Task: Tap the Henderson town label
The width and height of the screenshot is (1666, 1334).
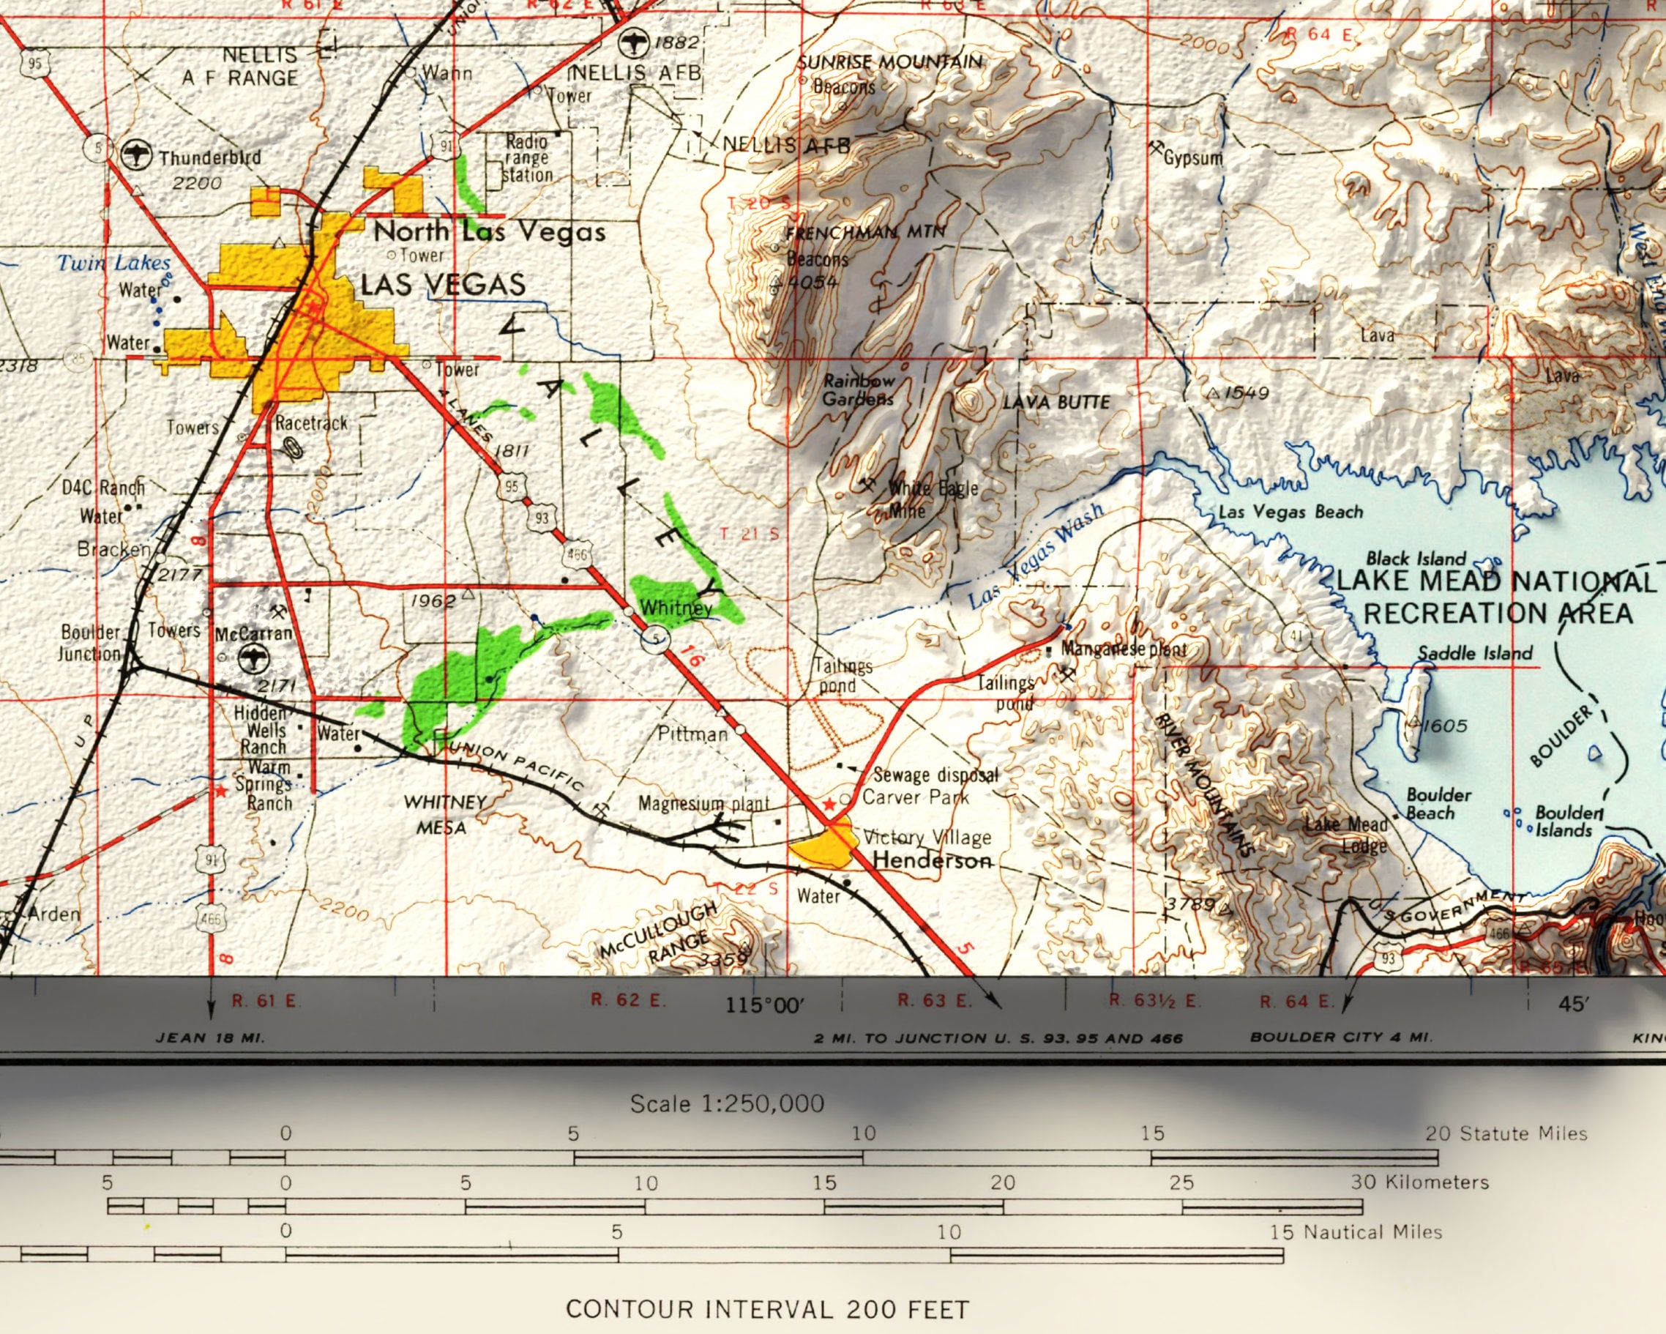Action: pos(931,860)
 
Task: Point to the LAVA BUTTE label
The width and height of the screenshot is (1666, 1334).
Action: pos(1056,402)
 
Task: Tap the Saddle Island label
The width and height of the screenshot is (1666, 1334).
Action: pos(1474,653)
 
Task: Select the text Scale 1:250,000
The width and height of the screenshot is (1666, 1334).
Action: pos(726,1103)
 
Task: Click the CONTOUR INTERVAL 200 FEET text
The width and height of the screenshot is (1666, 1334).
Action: pos(766,1309)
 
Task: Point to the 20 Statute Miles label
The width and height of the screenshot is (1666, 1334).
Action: pos(1506,1134)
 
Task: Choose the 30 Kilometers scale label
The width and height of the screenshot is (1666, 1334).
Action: pos(1419,1182)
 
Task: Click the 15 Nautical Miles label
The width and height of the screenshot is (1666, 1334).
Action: pos(1356,1232)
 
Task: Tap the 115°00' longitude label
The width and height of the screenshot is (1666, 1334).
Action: pos(764,1005)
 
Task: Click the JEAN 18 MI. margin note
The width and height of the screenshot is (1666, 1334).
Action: pos(210,1038)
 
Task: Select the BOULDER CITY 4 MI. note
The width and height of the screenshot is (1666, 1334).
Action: pos(1341,1037)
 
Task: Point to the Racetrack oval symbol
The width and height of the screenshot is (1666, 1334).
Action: pos(293,447)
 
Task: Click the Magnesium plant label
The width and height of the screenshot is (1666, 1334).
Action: pos(703,804)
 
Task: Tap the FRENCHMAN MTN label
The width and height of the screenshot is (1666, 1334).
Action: pos(864,231)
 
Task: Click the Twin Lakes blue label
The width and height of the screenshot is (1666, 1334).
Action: pos(113,263)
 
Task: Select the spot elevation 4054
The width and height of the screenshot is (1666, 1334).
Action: pos(813,282)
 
